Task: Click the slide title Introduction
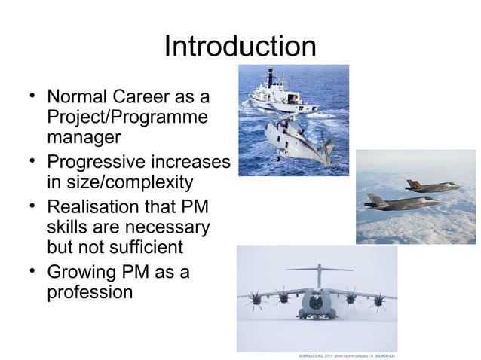pyautogui.click(x=240, y=47)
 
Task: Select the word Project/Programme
pyautogui.click(x=127, y=119)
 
